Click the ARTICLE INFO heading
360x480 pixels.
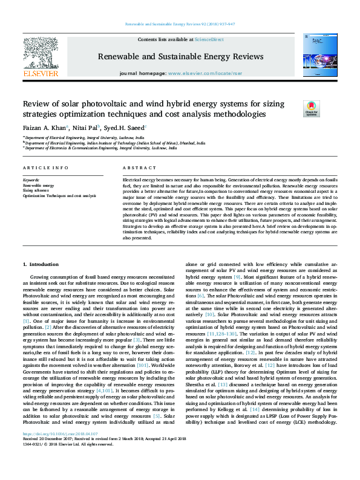45,167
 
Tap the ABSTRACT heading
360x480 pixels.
136,167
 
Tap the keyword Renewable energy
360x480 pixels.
38,186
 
